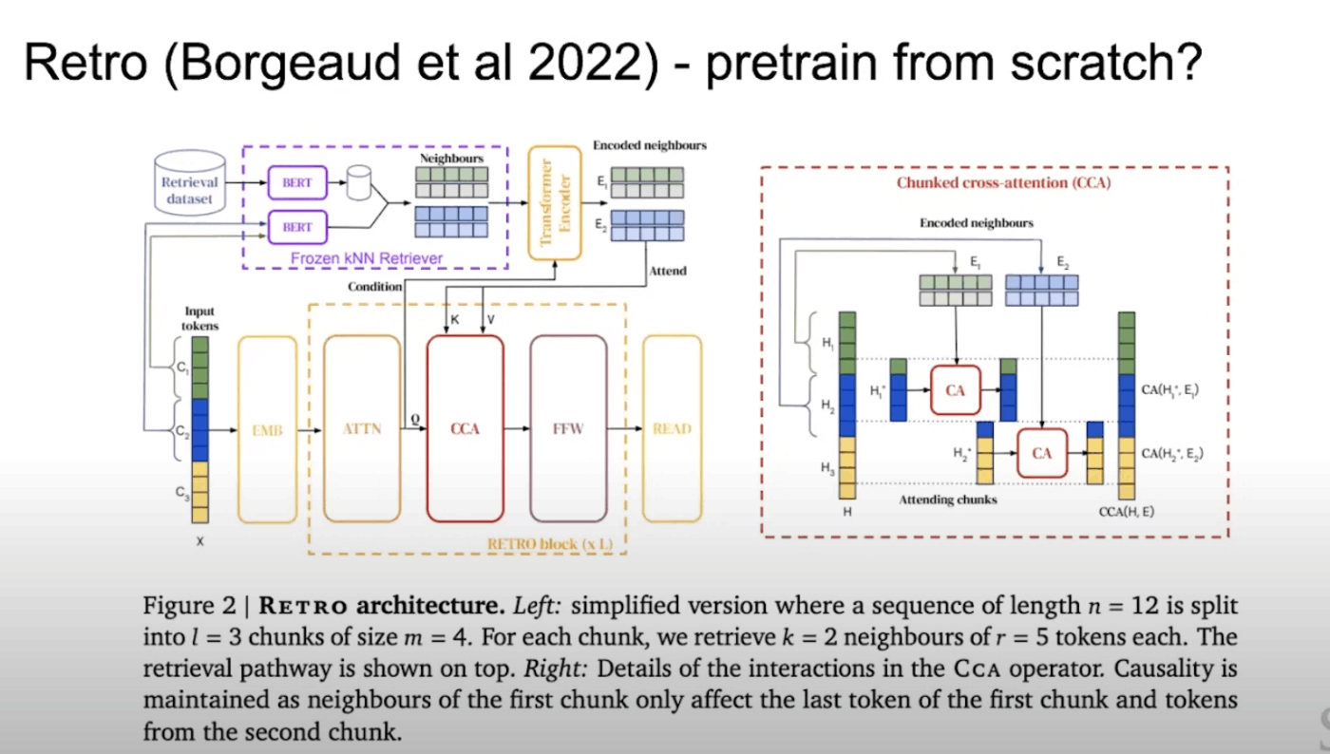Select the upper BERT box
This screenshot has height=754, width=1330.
coord(297,182)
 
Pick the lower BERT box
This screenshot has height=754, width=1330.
coord(297,228)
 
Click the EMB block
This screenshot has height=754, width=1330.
coord(268,429)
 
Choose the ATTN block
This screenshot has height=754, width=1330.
coord(362,429)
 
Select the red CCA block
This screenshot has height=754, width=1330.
coord(465,429)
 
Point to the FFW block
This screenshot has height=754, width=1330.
coord(568,429)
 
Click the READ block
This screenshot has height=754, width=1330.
coord(672,429)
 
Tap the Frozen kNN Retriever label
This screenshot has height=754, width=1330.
coord(367,257)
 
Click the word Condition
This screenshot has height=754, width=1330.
coord(374,286)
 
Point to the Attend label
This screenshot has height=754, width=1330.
coord(667,271)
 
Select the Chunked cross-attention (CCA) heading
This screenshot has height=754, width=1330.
coord(1003,182)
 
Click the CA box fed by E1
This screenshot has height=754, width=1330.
coord(955,389)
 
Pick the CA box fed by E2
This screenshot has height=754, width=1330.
coord(1042,453)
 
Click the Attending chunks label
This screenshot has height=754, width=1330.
coord(948,499)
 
